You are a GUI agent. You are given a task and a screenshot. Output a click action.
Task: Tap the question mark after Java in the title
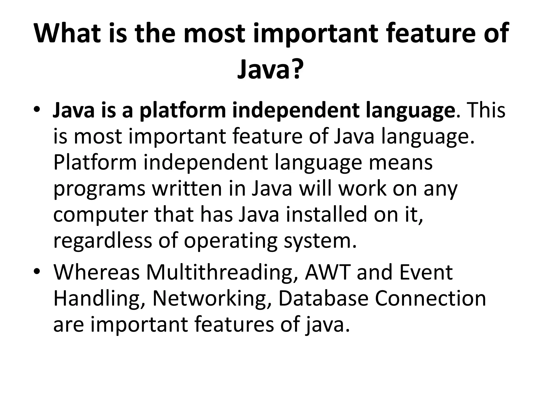[296, 69]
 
